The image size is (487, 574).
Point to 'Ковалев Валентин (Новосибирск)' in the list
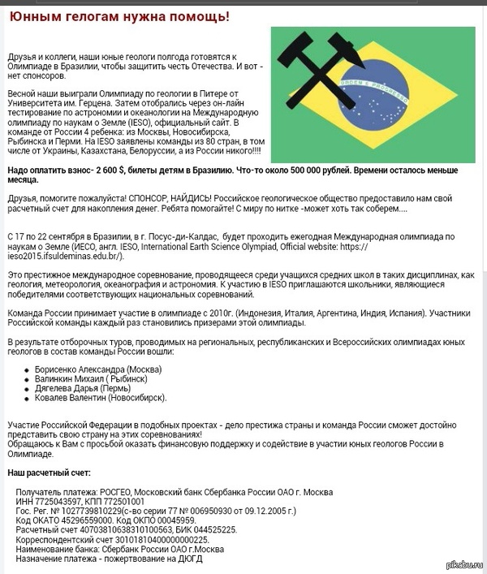pyautogui.click(x=101, y=398)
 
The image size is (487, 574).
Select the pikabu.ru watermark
pyautogui.click(x=464, y=566)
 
